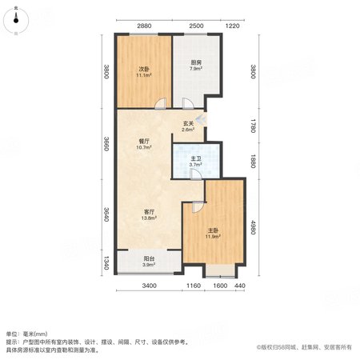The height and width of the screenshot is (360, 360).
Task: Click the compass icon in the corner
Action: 16,21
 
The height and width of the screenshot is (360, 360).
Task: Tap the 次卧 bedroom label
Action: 144,69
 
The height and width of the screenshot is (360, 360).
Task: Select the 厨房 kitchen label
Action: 196,62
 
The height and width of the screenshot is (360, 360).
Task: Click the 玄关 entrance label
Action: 188,123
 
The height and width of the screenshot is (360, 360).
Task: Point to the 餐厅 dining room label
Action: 144,141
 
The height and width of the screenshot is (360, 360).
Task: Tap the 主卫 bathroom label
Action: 196,158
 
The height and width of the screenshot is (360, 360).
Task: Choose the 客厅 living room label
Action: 149,212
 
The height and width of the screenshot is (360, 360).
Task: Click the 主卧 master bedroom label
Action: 213,230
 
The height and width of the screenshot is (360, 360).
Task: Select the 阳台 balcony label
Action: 149,258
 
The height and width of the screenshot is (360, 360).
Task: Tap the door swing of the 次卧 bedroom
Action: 161,103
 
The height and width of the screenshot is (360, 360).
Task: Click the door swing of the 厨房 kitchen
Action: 188,103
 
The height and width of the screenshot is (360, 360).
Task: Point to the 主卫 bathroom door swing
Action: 196,174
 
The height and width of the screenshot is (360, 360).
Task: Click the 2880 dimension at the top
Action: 144,26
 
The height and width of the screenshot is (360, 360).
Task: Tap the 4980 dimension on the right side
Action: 253,227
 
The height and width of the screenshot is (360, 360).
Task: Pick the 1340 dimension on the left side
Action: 106,262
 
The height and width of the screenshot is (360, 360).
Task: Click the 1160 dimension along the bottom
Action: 194,286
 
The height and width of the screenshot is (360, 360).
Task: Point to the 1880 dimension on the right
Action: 253,162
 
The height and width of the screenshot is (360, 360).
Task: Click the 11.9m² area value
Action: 213,236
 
